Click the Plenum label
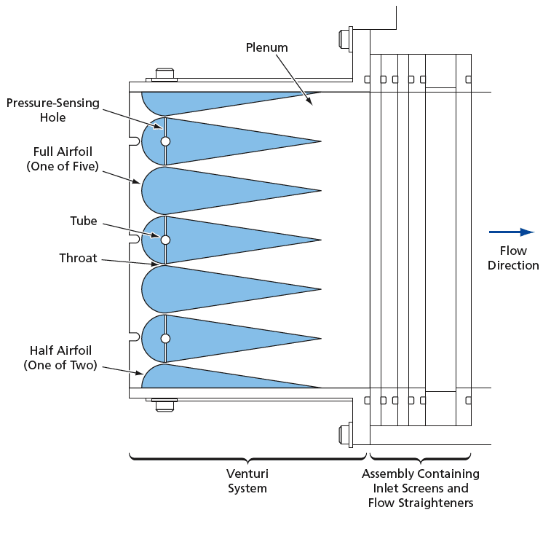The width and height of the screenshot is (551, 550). pos(266,47)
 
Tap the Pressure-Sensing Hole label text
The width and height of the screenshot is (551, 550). pos(52,110)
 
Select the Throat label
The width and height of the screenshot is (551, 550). pos(78,258)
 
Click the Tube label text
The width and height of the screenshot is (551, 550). pos(83,221)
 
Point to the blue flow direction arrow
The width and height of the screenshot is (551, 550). pos(512,232)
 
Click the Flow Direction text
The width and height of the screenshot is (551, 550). pos(513,258)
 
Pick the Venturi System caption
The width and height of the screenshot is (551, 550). pos(247,481)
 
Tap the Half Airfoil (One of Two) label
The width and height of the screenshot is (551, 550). pos(60,358)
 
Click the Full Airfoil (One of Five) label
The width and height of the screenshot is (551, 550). pos(63,159)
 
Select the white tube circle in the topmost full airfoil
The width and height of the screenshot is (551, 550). pos(165,141)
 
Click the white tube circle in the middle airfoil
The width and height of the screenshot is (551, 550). pos(165,240)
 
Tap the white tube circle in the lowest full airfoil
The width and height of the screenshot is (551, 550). pos(165,339)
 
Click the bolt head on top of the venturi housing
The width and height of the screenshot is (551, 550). pos(164,74)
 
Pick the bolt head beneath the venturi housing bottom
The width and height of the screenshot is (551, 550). pos(164,406)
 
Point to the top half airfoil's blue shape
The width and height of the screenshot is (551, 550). pos(197,101)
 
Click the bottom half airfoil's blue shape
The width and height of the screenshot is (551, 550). pos(197,379)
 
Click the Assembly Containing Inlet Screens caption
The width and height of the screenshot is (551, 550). pos(421,488)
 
